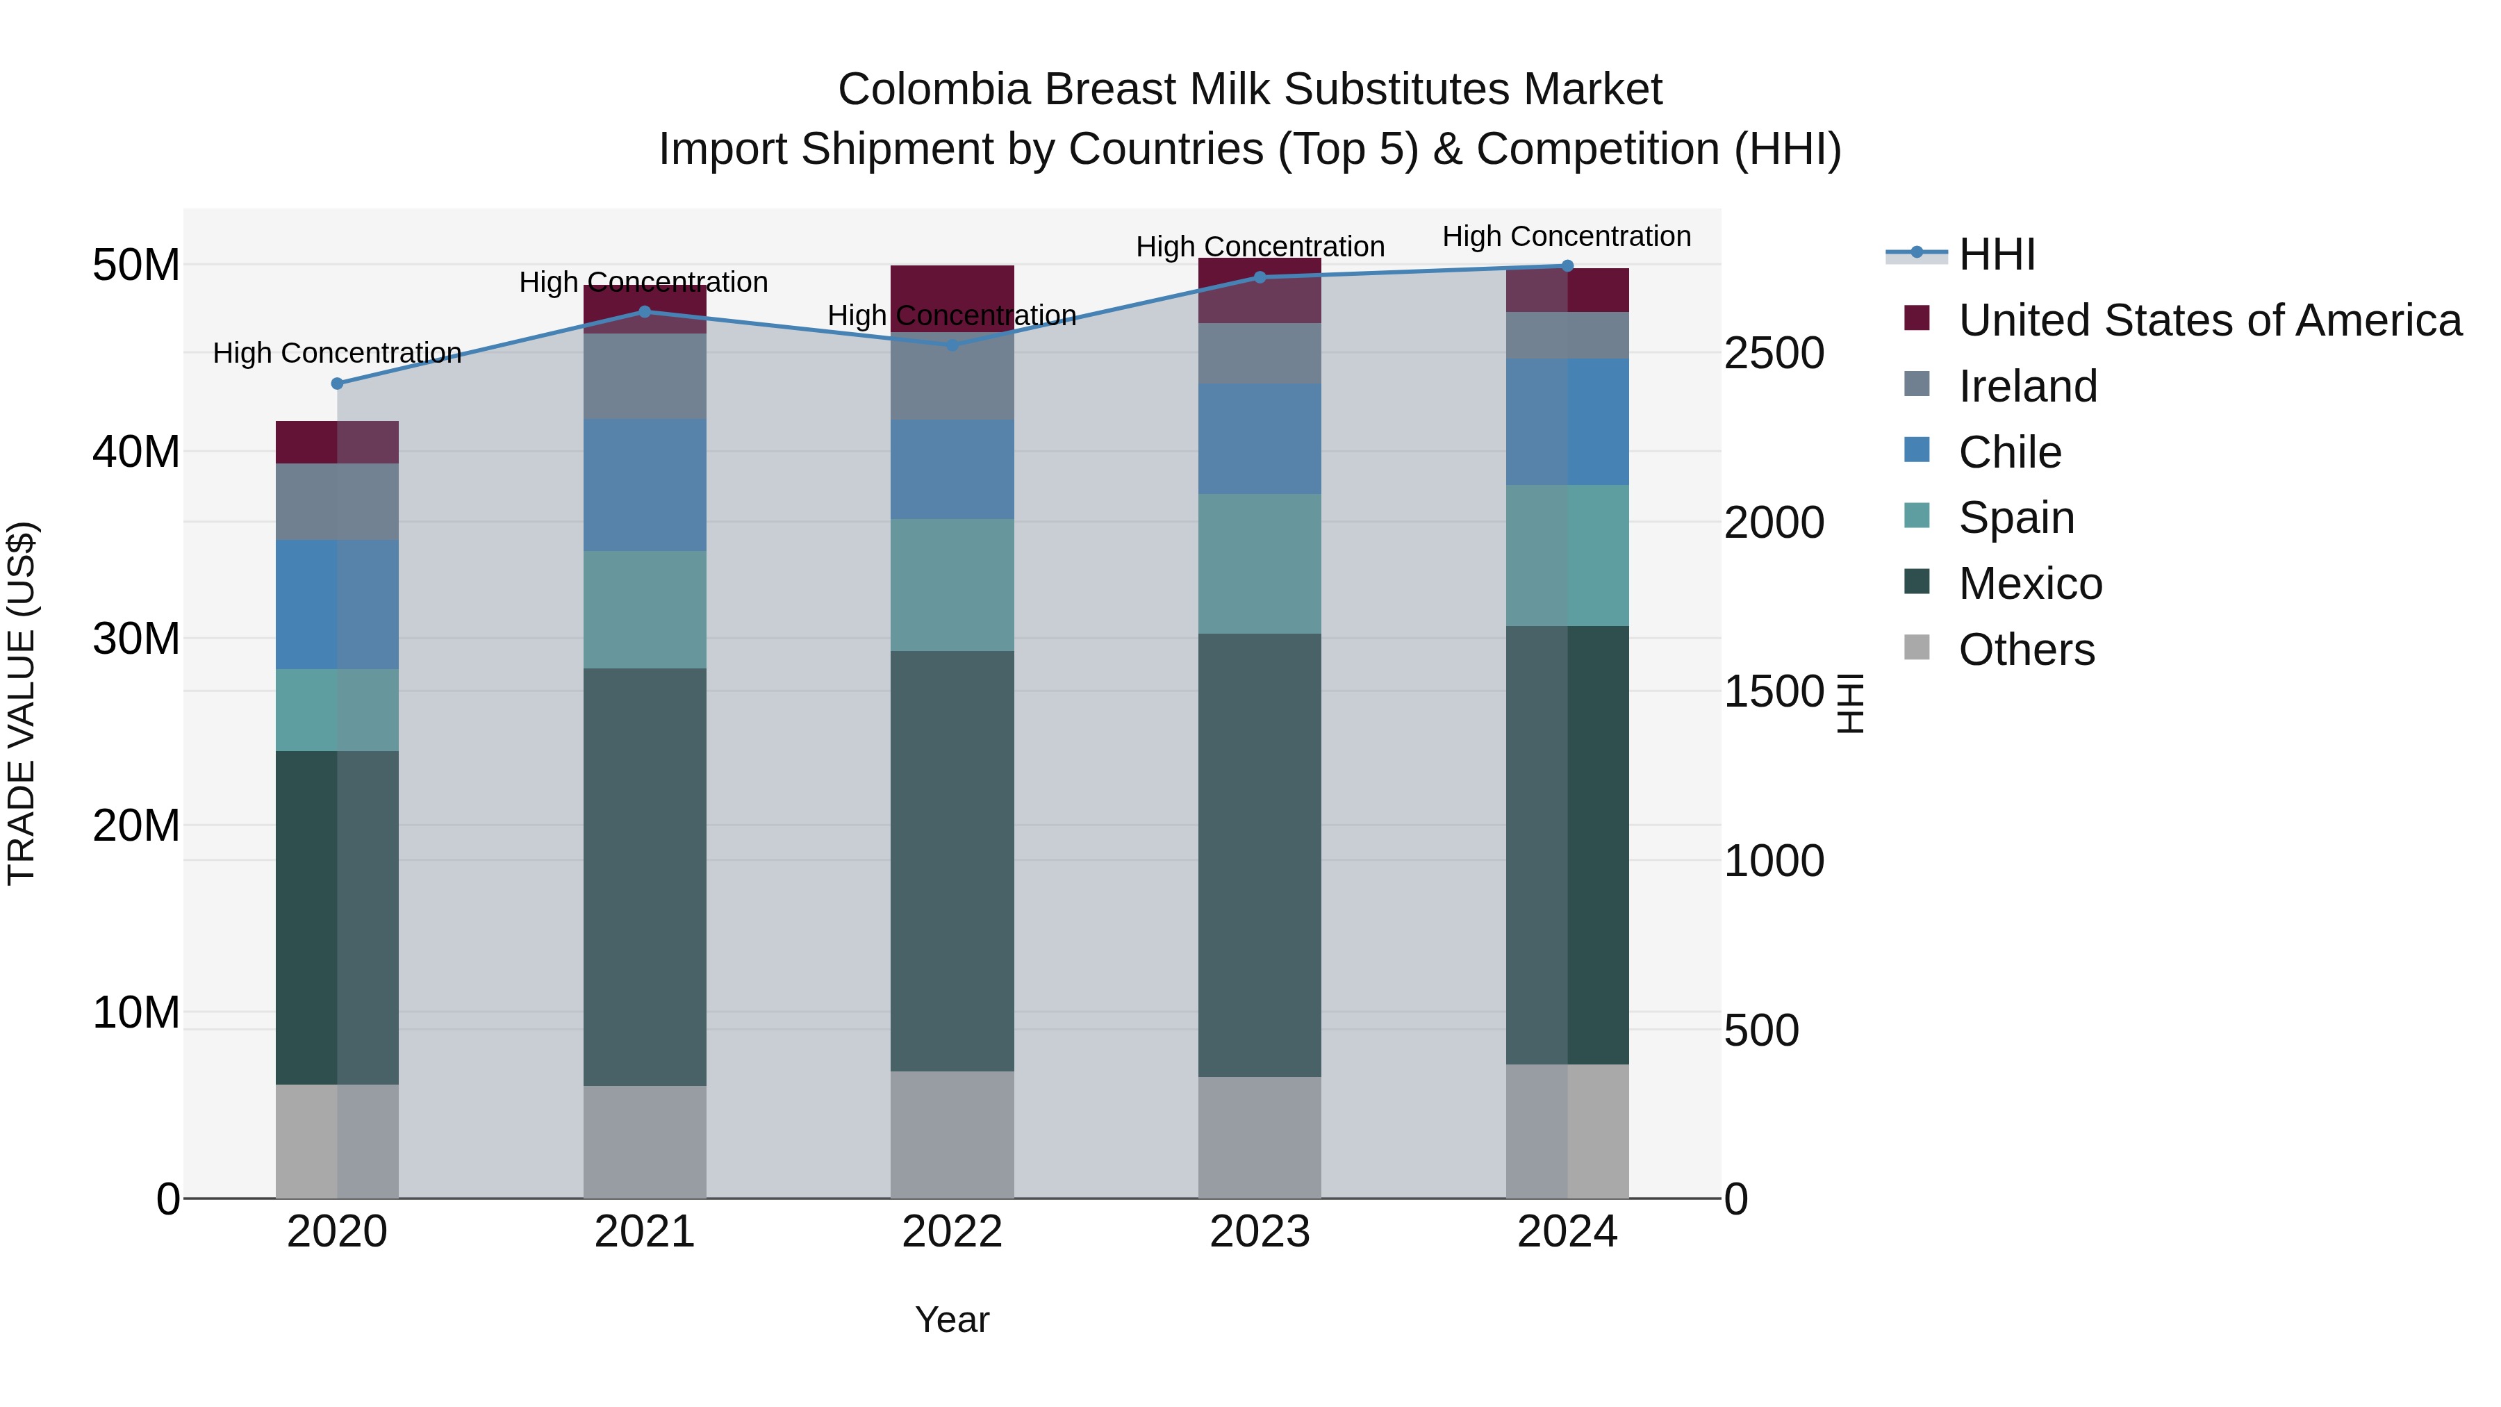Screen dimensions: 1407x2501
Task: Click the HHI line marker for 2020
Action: [337, 384]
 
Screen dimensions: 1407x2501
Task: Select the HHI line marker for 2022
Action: [952, 345]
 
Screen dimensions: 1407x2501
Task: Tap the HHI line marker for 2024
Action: [1567, 266]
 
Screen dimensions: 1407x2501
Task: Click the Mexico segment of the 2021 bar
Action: [645, 876]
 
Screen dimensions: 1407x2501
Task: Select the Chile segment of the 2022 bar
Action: [952, 469]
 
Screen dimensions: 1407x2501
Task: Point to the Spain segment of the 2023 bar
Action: [1260, 563]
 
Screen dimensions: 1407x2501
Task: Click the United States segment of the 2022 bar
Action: [952, 291]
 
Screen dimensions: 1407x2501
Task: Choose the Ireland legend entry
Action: [2027, 386]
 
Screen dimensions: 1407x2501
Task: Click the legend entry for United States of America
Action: [2209, 320]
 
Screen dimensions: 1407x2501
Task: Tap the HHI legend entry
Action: [1996, 254]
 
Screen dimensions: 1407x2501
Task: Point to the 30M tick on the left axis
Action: [136, 639]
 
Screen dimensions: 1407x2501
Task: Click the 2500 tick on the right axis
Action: [1773, 354]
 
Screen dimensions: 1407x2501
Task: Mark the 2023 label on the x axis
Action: [1260, 1232]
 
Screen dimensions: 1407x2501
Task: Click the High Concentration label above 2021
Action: [644, 283]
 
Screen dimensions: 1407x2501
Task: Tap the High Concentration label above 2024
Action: [1566, 237]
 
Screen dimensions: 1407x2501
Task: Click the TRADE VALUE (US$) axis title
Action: [22, 703]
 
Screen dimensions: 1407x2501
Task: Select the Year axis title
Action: [952, 1319]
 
